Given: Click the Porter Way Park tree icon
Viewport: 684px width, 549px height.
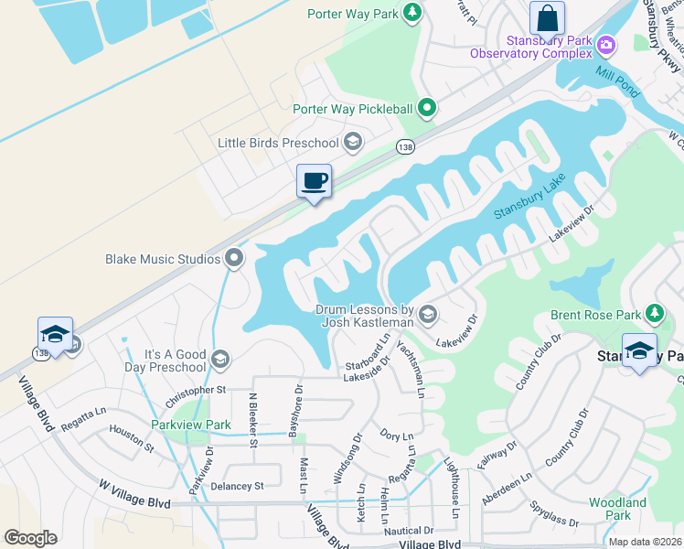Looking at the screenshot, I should pyautogui.click(x=412, y=12).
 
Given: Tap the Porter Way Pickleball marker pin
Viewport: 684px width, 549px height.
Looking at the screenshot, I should pyautogui.click(x=426, y=109).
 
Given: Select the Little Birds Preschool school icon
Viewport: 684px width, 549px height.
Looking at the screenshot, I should pyautogui.click(x=353, y=142).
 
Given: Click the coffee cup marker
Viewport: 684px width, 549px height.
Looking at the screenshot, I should pyautogui.click(x=314, y=180).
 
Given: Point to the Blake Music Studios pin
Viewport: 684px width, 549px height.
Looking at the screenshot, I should pyautogui.click(x=234, y=259).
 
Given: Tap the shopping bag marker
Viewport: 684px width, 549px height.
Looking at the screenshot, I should pyautogui.click(x=547, y=17).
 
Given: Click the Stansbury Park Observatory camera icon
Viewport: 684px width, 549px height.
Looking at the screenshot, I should pyautogui.click(x=605, y=45).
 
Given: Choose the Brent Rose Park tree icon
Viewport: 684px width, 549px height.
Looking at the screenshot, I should pyautogui.click(x=654, y=315).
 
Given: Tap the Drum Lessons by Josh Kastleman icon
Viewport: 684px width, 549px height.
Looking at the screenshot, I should pyautogui.click(x=427, y=316).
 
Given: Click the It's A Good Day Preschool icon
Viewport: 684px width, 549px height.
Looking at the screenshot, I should pyautogui.click(x=219, y=358).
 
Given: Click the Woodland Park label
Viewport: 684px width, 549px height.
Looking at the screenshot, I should pyautogui.click(x=617, y=509).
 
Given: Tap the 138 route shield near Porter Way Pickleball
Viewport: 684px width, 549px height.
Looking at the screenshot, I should pyautogui.click(x=405, y=145).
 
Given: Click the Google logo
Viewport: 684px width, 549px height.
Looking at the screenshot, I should pyautogui.click(x=30, y=538).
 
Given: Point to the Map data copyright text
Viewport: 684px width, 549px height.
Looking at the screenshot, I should pyautogui.click(x=646, y=542).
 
